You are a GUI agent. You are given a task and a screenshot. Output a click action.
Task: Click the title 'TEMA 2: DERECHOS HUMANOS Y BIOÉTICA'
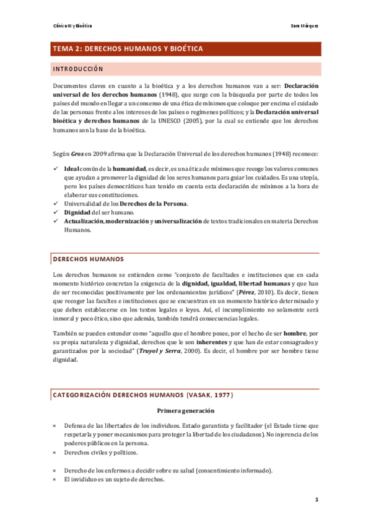128,49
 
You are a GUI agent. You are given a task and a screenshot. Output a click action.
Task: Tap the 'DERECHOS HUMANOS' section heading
89,259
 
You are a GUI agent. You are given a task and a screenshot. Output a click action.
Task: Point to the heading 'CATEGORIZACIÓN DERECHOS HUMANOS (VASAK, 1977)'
143,395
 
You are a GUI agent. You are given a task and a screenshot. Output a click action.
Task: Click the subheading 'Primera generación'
186,411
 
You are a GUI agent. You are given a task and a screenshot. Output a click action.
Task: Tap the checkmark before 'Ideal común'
56,168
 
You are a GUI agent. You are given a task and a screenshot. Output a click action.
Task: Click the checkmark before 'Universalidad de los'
56,204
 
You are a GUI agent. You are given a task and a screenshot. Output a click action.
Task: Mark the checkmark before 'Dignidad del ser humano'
56,212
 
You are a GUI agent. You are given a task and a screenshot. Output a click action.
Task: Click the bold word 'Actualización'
84,221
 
